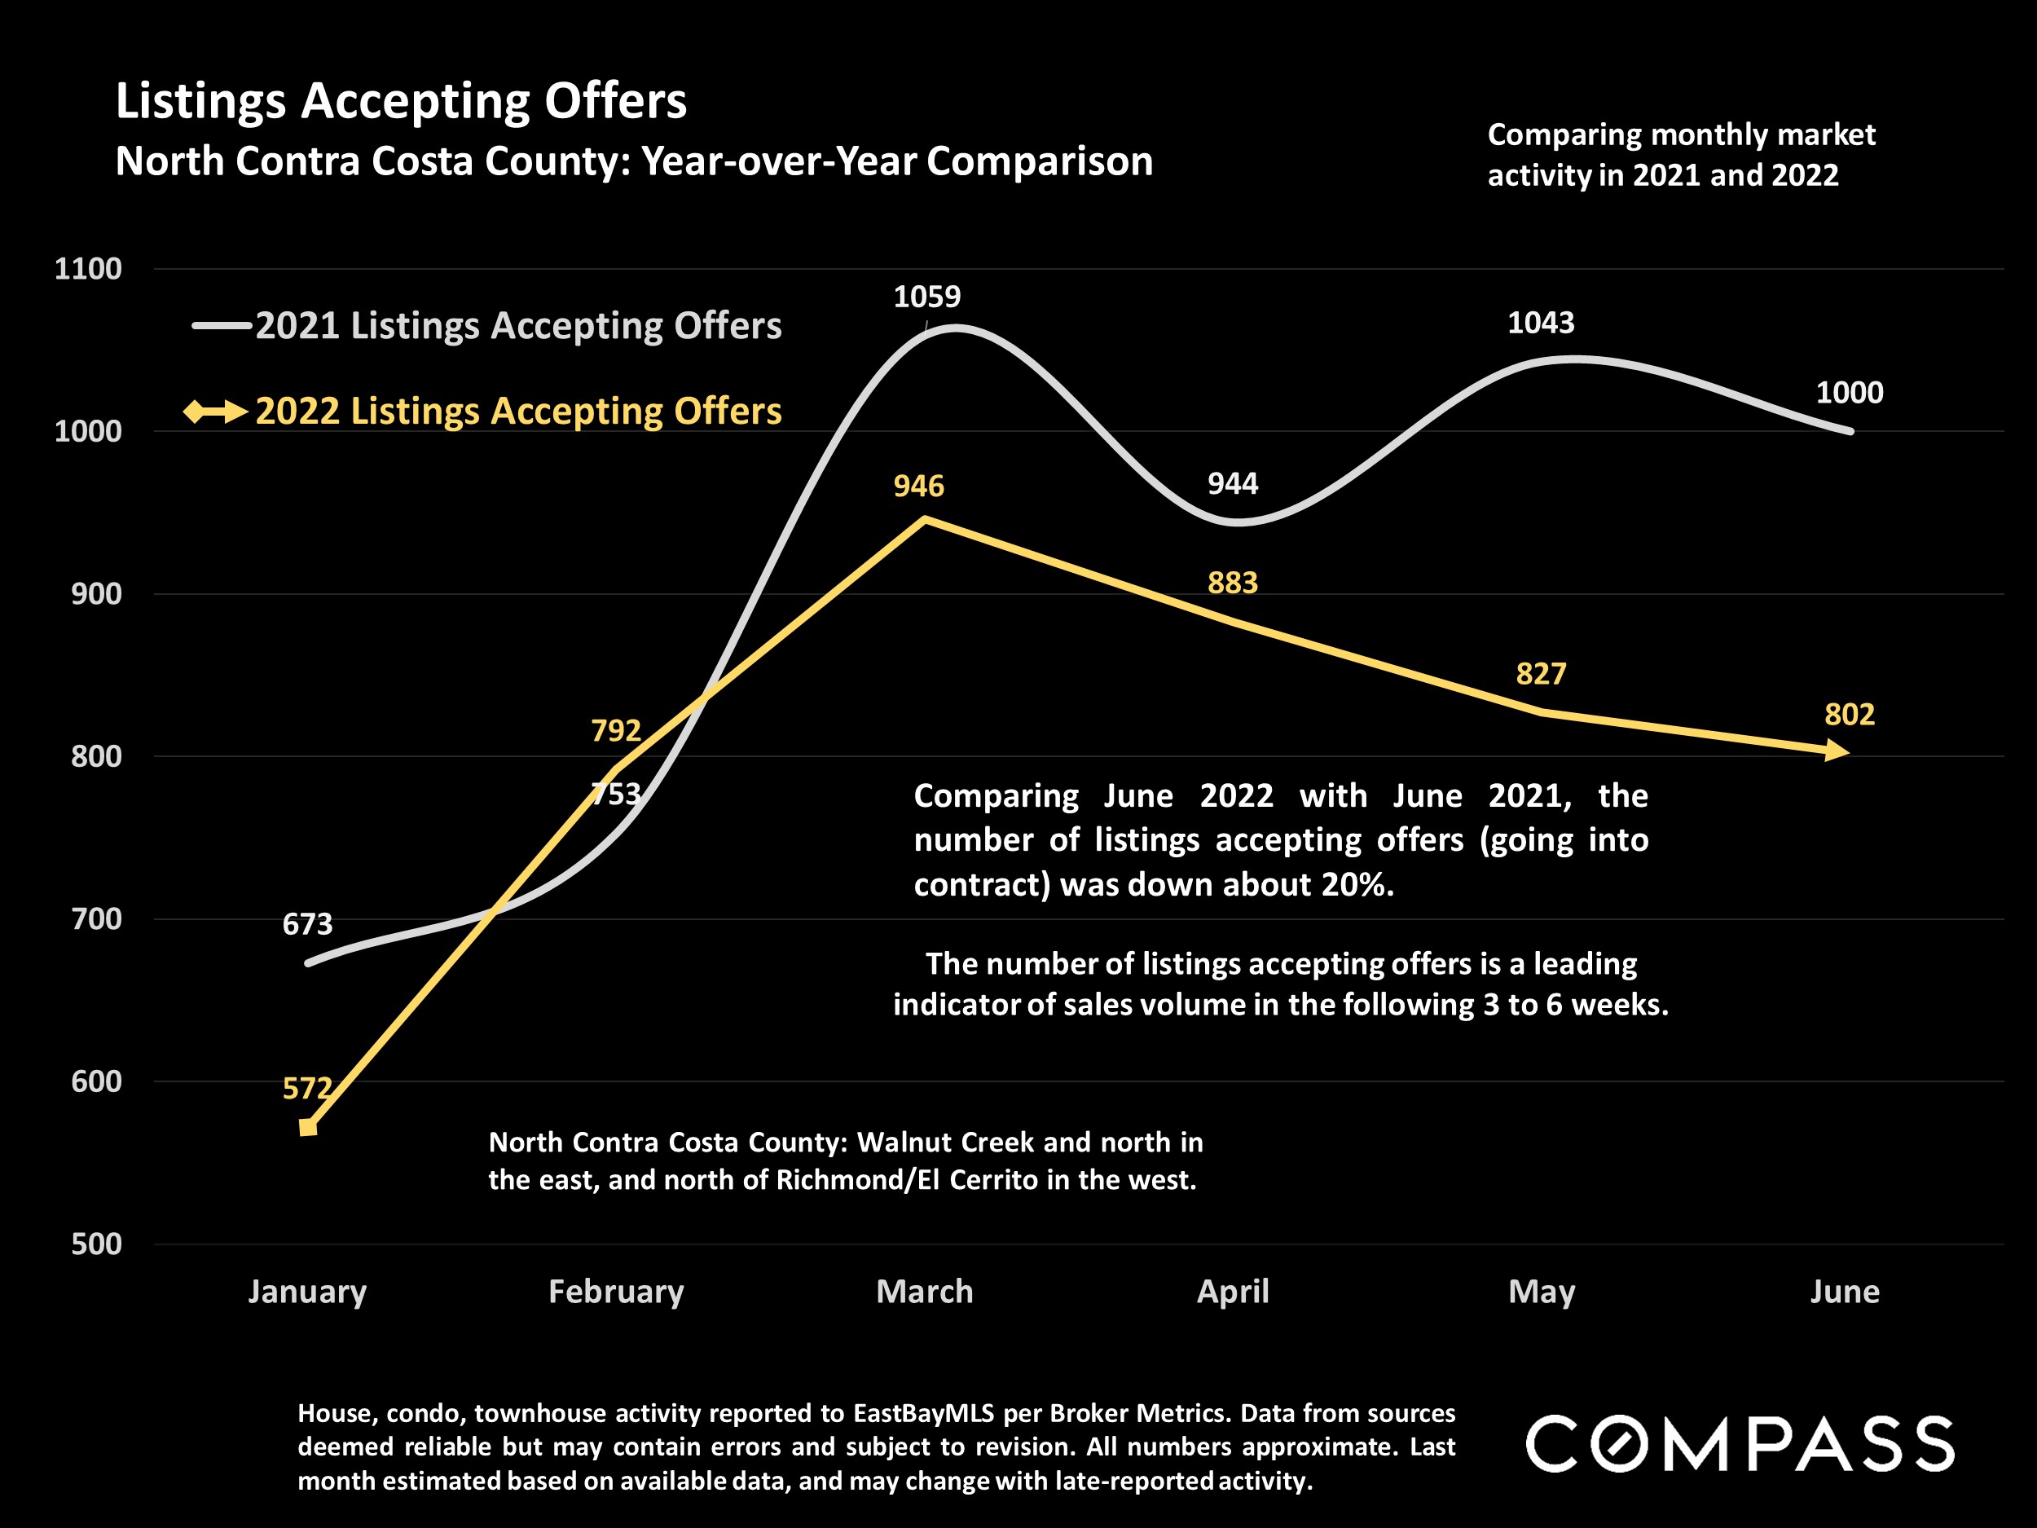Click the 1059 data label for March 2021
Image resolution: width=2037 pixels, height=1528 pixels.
point(926,297)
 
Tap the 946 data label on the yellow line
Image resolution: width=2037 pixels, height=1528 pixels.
point(918,487)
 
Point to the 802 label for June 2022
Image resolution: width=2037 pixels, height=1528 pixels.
point(1849,715)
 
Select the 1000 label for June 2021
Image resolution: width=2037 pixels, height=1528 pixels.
point(1849,394)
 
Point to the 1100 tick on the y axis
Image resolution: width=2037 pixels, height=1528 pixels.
point(87,269)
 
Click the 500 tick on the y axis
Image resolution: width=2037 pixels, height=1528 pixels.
point(96,1244)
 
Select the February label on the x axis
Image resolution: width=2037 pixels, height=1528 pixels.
point(616,1292)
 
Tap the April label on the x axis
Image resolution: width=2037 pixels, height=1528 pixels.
point(1232,1292)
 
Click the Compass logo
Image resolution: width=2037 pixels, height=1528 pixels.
point(1740,1444)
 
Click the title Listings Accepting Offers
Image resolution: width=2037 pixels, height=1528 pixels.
point(401,100)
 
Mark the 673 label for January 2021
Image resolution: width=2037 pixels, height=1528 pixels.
point(306,924)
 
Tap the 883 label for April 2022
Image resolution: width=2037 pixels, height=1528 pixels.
point(1232,583)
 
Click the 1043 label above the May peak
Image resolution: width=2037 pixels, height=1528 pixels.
point(1541,324)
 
